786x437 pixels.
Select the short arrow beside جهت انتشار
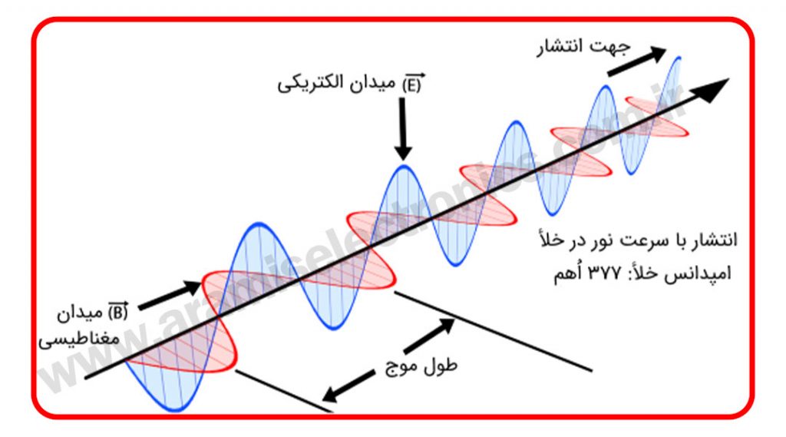click(x=636, y=61)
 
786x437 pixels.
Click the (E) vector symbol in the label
click(x=412, y=84)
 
